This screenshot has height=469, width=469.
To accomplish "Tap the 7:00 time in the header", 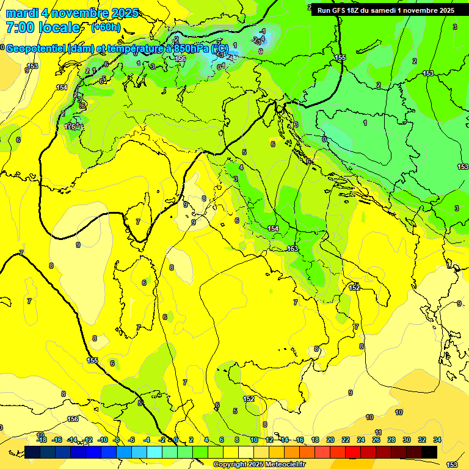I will [20, 27].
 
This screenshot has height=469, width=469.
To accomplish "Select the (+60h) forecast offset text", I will [105, 27].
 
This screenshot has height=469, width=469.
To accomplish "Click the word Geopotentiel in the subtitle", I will [35, 49].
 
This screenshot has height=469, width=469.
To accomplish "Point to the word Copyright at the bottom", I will [231, 465].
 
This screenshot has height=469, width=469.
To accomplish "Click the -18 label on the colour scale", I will [42, 440].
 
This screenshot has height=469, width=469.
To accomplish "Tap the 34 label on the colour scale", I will [437, 440].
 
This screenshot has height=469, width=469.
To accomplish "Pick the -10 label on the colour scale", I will [103, 440].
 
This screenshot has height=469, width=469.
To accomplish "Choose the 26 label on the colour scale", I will [376, 440].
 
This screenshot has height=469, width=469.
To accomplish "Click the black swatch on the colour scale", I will [429, 452].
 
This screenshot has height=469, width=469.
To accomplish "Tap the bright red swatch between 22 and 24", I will [353, 452].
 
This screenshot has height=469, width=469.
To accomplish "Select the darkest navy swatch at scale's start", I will [32, 452].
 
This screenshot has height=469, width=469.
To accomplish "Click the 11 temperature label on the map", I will [378, 432].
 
